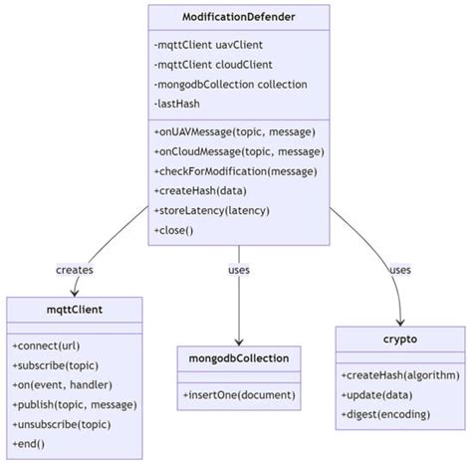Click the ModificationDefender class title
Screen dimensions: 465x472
(x=239, y=17)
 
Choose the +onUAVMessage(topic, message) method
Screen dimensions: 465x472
(x=235, y=131)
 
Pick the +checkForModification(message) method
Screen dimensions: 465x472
(x=236, y=170)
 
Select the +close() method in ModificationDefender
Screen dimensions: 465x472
(x=174, y=229)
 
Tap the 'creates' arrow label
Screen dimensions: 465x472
(x=74, y=271)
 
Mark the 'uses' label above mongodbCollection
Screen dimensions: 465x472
(x=239, y=271)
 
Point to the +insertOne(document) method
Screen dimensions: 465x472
(x=239, y=394)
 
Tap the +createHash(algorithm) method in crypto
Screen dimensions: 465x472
(x=400, y=375)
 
